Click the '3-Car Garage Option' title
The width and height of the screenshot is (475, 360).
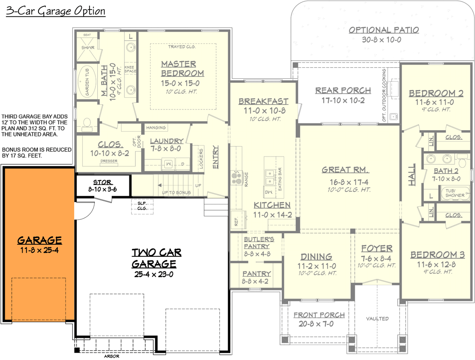pyautogui.click(x=56, y=11)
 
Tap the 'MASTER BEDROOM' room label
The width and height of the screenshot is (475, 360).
pyautogui.click(x=182, y=69)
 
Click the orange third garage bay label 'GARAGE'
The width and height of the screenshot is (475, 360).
pyautogui.click(x=39, y=240)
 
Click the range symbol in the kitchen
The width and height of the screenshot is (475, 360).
pyautogui.click(x=236, y=178)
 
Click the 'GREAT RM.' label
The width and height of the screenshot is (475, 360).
pyautogui.click(x=346, y=170)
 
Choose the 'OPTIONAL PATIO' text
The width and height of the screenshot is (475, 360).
pyautogui.click(x=384, y=30)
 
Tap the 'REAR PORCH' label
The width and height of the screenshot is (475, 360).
pyautogui.click(x=343, y=90)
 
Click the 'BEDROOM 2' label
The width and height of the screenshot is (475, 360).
pyautogui.click(x=436, y=94)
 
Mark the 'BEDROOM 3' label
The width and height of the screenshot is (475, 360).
pyautogui.click(x=437, y=255)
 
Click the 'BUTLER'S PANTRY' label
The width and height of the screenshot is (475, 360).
pyautogui.click(x=256, y=243)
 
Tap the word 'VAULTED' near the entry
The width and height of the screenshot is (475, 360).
pyautogui.click(x=377, y=319)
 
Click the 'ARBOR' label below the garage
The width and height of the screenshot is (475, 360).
pyautogui.click(x=111, y=356)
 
